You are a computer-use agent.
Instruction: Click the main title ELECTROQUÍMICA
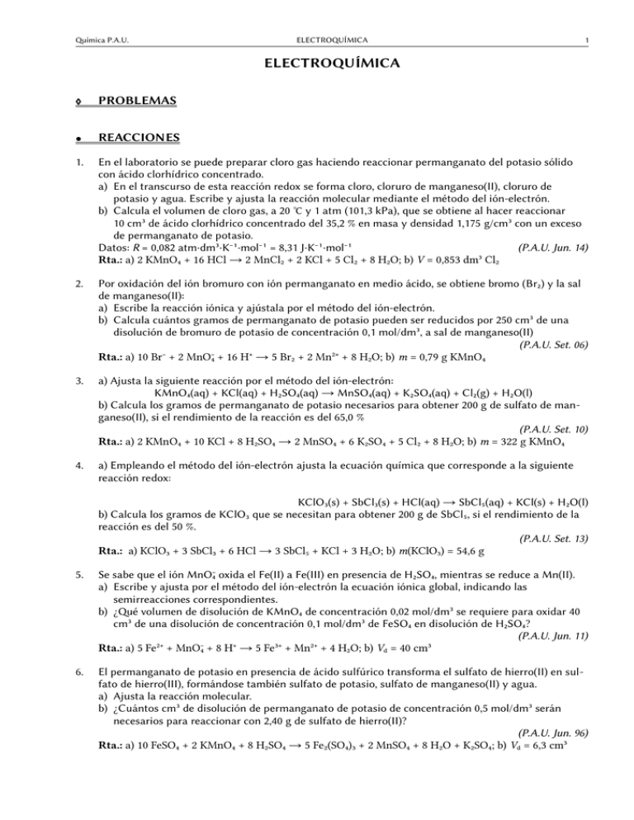pyautogui.click(x=316, y=63)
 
